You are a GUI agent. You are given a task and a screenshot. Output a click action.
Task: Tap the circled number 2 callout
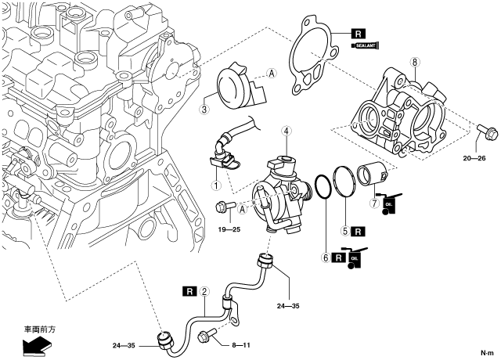point(204,293)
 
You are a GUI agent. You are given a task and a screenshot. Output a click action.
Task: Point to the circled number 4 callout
point(287,131)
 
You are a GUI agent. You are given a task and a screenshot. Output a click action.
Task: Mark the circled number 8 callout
point(415,61)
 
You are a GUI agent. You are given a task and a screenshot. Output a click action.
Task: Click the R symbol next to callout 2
point(189,293)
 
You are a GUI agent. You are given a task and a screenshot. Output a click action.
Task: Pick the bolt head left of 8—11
point(207,337)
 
